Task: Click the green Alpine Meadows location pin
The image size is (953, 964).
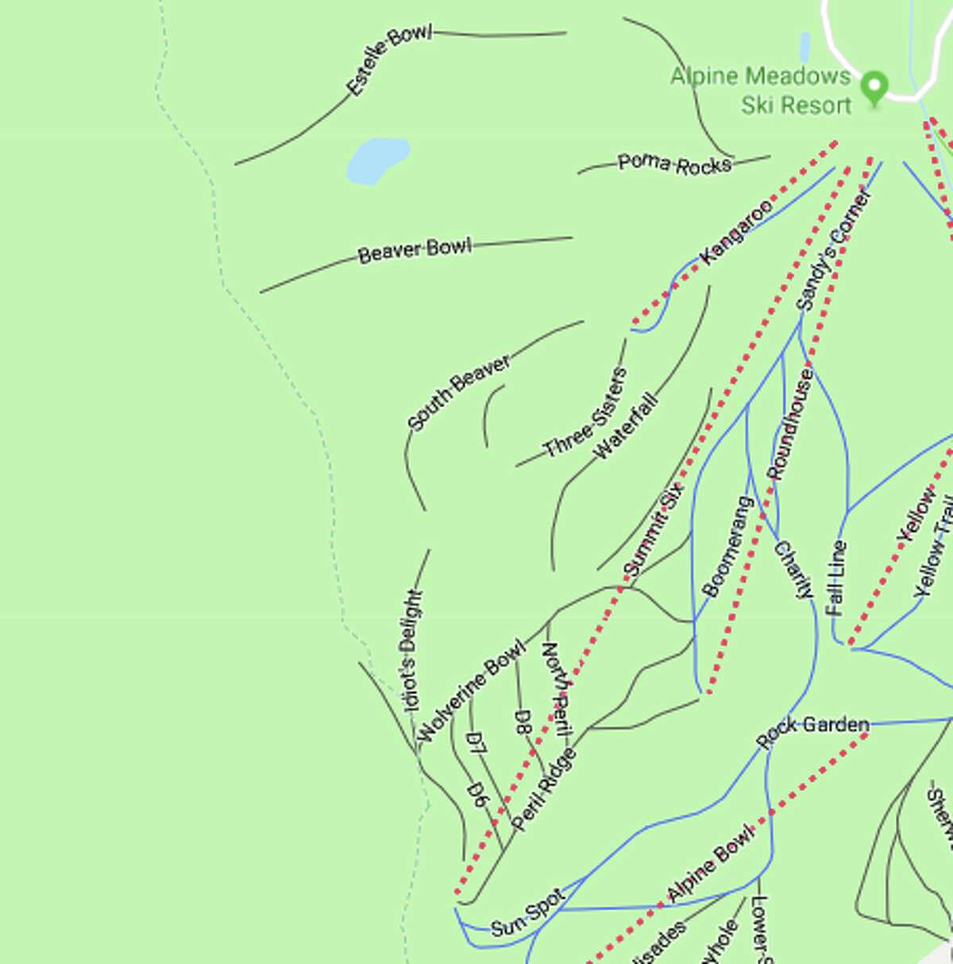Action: coord(874,87)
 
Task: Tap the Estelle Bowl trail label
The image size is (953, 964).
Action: coord(389,61)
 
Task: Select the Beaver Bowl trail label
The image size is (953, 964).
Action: coord(415,250)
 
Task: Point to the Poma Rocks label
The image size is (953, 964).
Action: coord(674,164)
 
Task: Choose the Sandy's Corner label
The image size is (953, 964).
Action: coord(833,250)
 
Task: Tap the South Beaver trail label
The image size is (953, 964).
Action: coord(459,393)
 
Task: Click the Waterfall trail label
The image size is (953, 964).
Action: coord(627,425)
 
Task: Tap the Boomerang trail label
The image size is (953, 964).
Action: coord(727,547)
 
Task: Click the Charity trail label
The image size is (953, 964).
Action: coord(793,569)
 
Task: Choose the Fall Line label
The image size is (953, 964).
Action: coord(836,578)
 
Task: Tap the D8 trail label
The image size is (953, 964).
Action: coord(523,723)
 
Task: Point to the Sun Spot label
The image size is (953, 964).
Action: coord(527,914)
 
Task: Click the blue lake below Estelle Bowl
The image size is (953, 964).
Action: coord(376,159)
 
